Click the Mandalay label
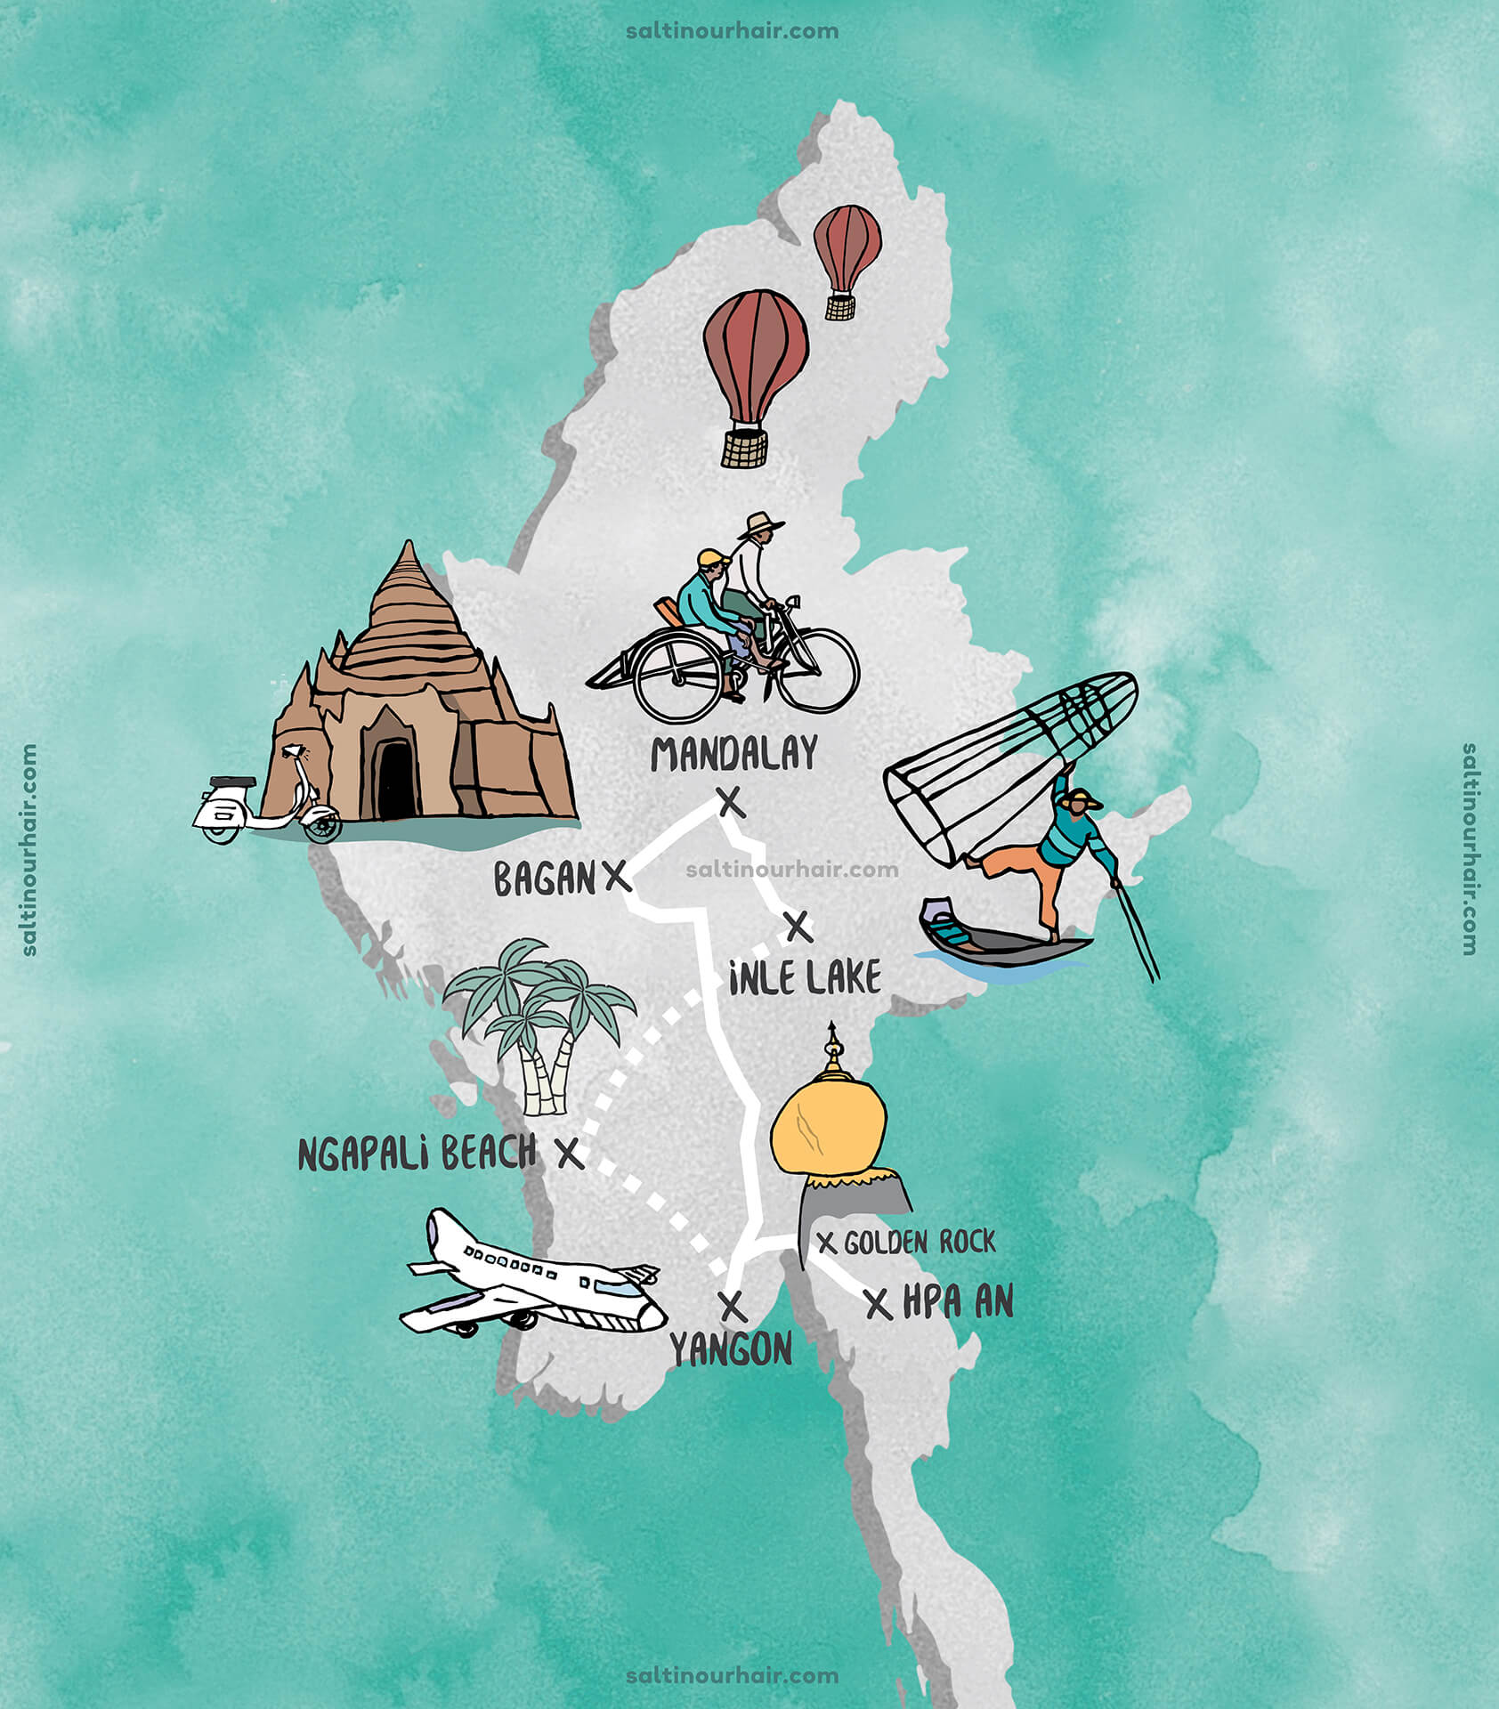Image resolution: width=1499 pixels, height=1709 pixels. (733, 754)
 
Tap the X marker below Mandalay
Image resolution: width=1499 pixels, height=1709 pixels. (731, 803)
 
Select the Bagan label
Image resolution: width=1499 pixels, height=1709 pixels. (544, 879)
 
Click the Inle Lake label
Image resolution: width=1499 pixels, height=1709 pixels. (805, 978)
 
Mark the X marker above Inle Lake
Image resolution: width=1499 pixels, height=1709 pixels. (798, 927)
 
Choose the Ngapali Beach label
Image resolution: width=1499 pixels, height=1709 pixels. (417, 1154)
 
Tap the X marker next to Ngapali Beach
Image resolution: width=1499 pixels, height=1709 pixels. (570, 1154)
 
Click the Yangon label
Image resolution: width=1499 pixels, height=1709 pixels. (731, 1350)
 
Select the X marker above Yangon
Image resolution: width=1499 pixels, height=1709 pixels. (732, 1306)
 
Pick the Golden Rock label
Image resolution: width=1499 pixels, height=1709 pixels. (920, 1243)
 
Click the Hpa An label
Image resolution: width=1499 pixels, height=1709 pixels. (958, 1303)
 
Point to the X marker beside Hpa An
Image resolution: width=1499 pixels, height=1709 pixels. (879, 1304)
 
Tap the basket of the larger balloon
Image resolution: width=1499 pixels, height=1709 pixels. (744, 449)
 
